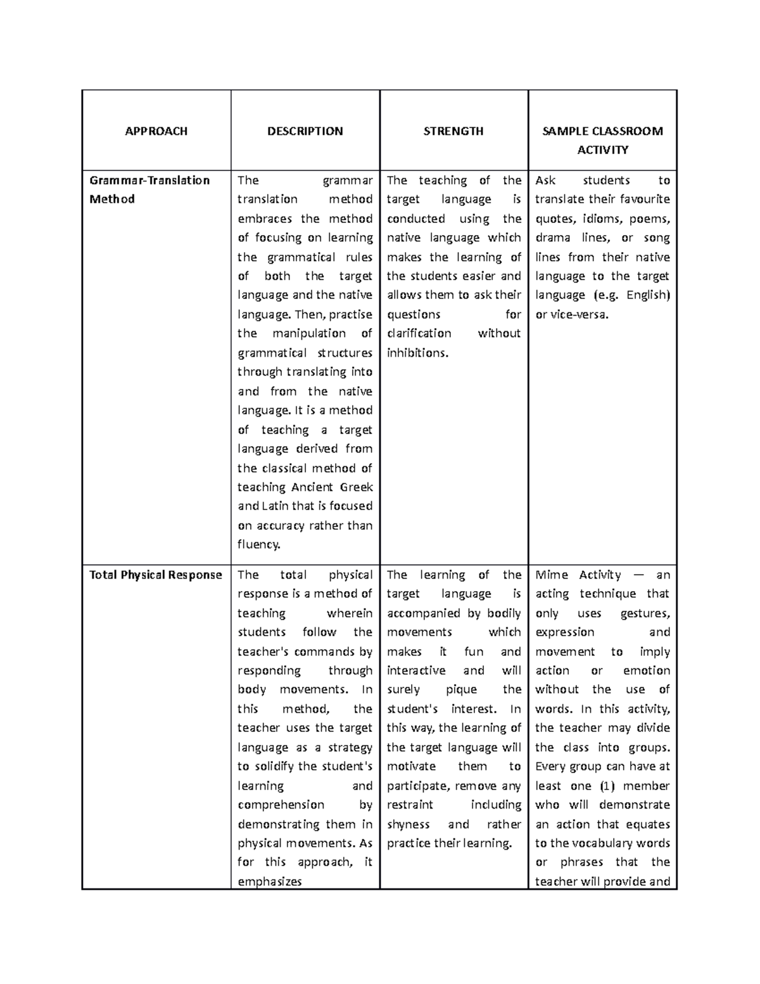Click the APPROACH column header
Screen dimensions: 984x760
pyautogui.click(x=156, y=131)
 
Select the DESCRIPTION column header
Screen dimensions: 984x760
pyautogui.click(x=305, y=131)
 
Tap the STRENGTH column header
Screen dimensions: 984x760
pyautogui.click(x=453, y=131)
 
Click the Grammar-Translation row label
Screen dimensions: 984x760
pyautogui.click(x=149, y=181)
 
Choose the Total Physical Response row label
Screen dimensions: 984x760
pyautogui.click(x=156, y=575)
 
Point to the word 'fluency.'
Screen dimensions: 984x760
pyautogui.click(x=258, y=544)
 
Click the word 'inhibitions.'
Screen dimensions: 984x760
pyautogui.click(x=417, y=353)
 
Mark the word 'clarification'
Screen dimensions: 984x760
pyautogui.click(x=419, y=333)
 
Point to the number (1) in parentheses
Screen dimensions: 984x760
pyautogui.click(x=607, y=786)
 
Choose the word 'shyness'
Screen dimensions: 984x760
pyautogui.click(x=408, y=824)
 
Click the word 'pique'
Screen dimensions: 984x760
pyautogui.click(x=461, y=689)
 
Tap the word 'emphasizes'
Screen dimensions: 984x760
pyautogui.click(x=269, y=881)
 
